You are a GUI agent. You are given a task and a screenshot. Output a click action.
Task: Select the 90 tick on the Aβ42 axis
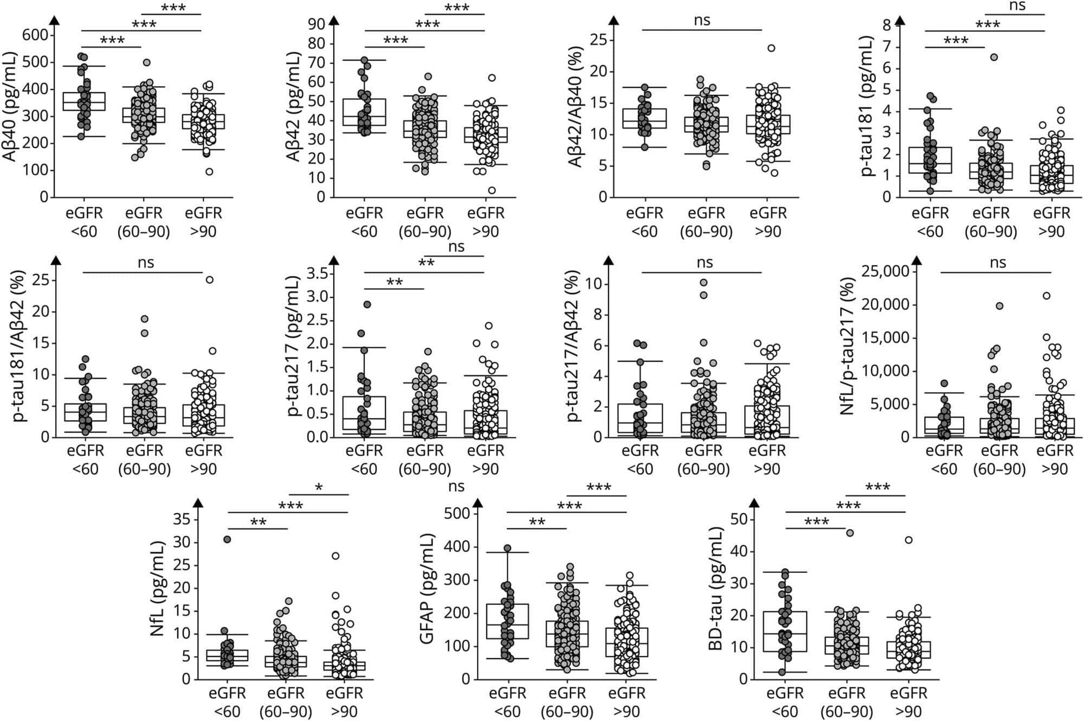pos(317,24)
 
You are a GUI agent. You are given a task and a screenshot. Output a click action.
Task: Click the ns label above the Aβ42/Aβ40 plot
pos(702,21)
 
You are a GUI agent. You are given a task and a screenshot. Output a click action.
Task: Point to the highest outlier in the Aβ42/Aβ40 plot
pos(771,48)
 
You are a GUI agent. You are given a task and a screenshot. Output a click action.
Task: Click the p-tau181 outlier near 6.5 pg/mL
pos(994,57)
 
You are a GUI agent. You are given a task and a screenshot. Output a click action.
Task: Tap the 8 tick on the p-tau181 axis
pos(887,24)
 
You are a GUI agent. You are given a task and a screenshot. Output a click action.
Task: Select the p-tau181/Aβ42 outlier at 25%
pos(209,280)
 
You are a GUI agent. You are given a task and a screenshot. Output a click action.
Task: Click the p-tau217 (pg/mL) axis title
pos(294,346)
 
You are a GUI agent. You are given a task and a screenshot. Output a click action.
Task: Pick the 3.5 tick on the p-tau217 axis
pos(317,273)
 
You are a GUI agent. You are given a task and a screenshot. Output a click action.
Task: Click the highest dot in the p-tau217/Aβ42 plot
pos(704,283)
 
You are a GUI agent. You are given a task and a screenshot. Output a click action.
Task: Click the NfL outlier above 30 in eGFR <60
pos(228,539)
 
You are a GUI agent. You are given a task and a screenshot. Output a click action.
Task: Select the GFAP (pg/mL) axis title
pos(428,589)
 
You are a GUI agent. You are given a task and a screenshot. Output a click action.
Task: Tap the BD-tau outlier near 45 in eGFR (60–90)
pos(850,533)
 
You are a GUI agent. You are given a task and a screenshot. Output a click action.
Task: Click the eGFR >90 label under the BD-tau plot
pos(908,702)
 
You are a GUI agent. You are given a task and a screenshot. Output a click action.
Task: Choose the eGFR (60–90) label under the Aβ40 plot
pos(144,222)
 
